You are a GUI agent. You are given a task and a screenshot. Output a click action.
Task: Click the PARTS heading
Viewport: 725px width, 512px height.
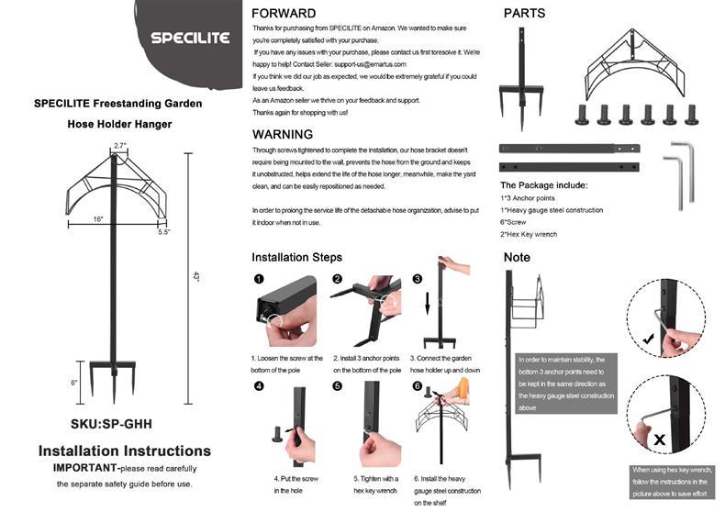point(524,14)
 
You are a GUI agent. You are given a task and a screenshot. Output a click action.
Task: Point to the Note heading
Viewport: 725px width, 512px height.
point(518,258)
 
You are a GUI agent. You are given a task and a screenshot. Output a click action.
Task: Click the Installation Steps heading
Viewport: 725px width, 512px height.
point(296,258)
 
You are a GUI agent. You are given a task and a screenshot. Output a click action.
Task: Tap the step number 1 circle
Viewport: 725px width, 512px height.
point(259,279)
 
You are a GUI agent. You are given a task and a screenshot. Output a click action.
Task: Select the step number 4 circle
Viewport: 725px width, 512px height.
point(259,386)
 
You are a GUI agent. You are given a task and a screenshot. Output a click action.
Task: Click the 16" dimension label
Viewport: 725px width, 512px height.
point(97,218)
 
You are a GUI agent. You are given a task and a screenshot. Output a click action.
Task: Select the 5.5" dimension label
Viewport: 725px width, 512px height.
point(164,232)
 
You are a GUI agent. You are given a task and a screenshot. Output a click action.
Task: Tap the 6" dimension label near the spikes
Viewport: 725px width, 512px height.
point(74,383)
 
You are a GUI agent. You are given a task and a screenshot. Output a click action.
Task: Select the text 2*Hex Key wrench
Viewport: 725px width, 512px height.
point(528,235)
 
